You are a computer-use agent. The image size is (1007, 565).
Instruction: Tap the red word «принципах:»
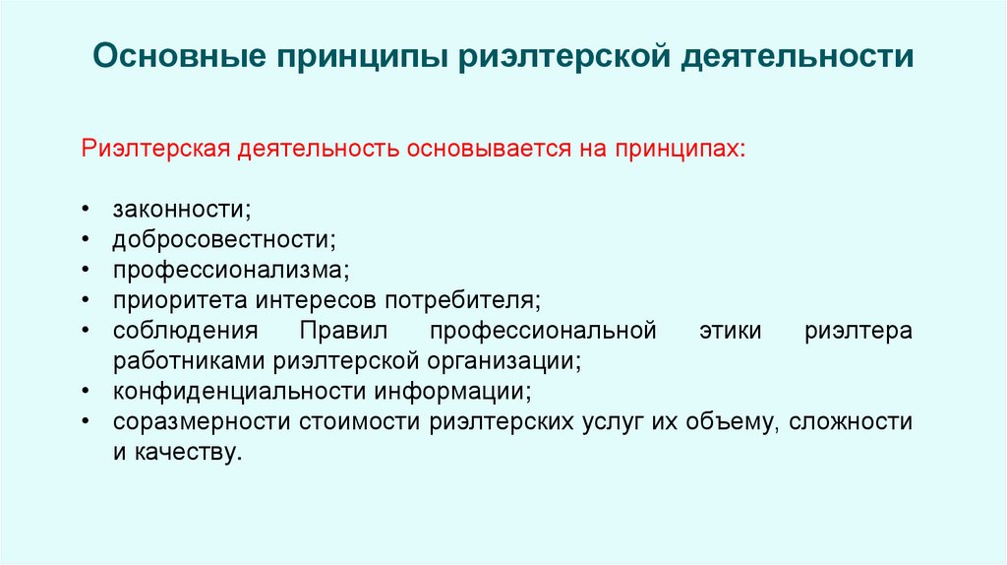680,149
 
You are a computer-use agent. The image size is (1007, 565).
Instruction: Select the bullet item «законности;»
181,208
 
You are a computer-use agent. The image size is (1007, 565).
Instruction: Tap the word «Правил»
346,330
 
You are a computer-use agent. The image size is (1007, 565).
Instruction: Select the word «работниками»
191,360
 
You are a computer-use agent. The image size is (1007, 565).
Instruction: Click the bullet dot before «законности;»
88,209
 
